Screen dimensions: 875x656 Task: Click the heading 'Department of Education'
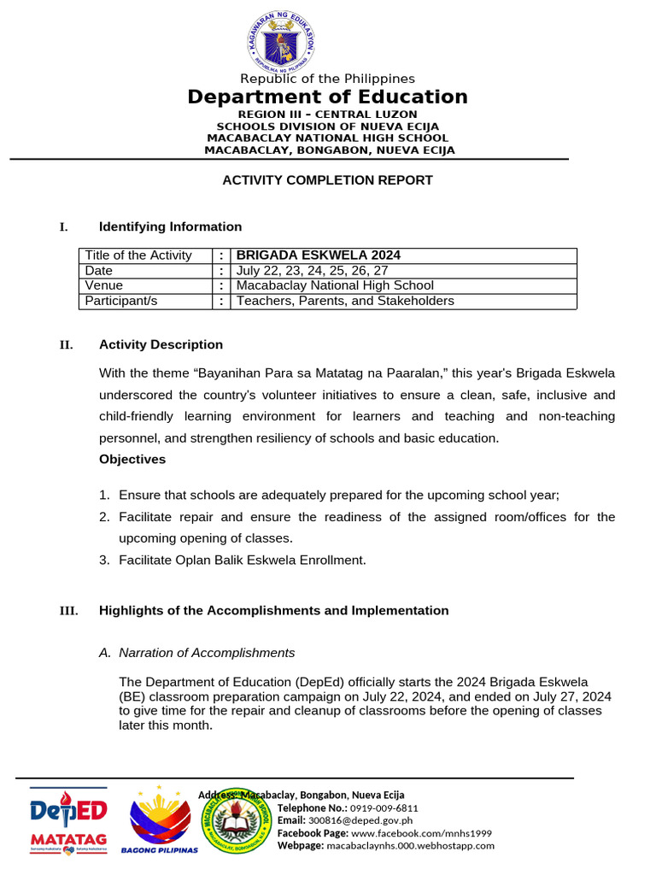click(328, 97)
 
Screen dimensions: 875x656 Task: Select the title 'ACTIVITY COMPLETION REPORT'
click(328, 180)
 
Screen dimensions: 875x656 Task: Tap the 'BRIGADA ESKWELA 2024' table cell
click(319, 255)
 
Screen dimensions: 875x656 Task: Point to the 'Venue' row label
click(103, 285)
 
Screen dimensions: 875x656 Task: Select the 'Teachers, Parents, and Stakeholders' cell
click(345, 301)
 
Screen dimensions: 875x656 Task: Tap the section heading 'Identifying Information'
click(170, 226)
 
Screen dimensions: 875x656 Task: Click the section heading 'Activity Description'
click(161, 344)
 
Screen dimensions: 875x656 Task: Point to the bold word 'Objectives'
click(132, 459)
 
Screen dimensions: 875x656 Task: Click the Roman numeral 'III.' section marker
click(67, 611)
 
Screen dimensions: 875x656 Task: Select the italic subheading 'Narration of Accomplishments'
click(207, 653)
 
